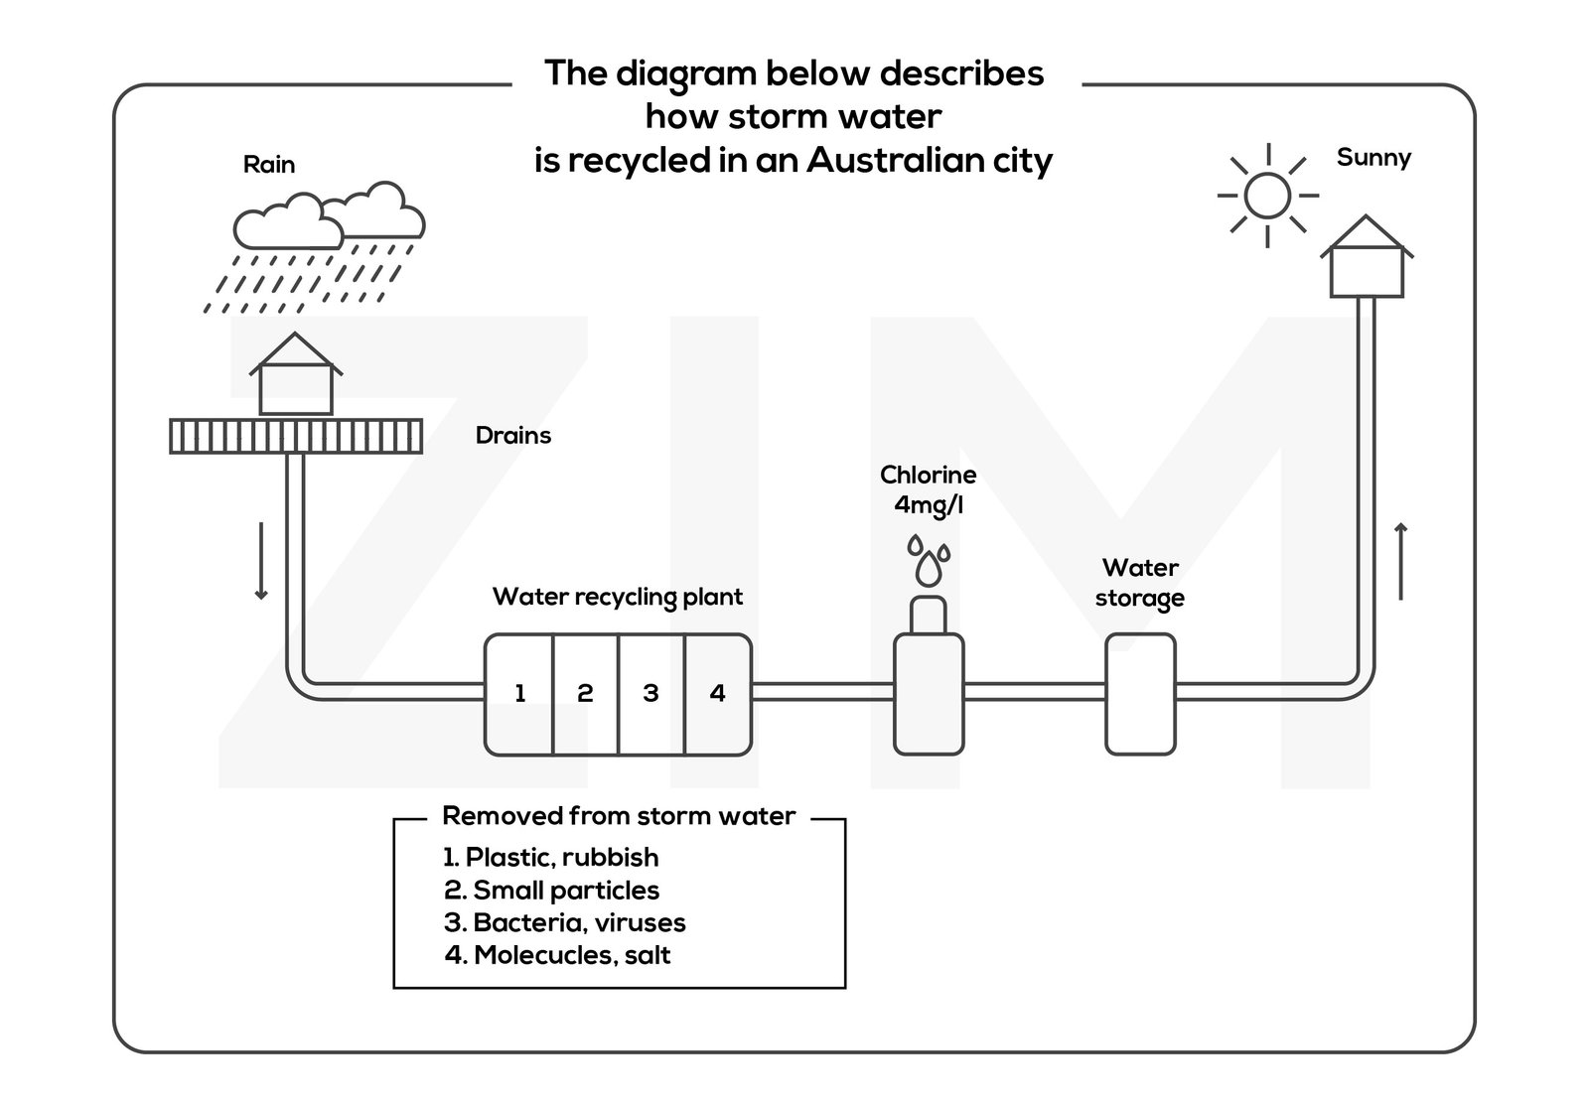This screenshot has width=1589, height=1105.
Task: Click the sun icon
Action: (x=1266, y=195)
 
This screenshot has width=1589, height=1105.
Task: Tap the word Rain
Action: (x=269, y=164)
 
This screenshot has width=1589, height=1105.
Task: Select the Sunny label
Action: (x=1373, y=157)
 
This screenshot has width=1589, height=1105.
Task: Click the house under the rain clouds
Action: (x=295, y=376)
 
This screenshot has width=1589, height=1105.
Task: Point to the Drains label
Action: (x=512, y=435)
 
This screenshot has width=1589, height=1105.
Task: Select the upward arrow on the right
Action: (x=1400, y=561)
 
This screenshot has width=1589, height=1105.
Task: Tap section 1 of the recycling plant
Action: (x=519, y=693)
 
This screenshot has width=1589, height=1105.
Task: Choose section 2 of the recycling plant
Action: (x=585, y=693)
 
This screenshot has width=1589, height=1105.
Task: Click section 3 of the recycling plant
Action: (x=650, y=693)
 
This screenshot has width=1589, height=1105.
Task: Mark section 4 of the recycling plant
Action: (x=718, y=693)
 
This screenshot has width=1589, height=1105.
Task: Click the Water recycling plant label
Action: (x=617, y=597)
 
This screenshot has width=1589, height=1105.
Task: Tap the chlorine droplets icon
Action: (x=928, y=561)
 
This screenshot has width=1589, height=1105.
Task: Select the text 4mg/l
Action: (x=928, y=505)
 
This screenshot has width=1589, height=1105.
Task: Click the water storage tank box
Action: (x=1140, y=694)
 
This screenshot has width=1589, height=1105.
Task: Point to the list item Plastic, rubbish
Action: (x=551, y=857)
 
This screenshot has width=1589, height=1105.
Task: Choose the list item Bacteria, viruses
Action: (x=565, y=922)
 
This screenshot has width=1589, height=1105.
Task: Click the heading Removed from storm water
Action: (x=618, y=816)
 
